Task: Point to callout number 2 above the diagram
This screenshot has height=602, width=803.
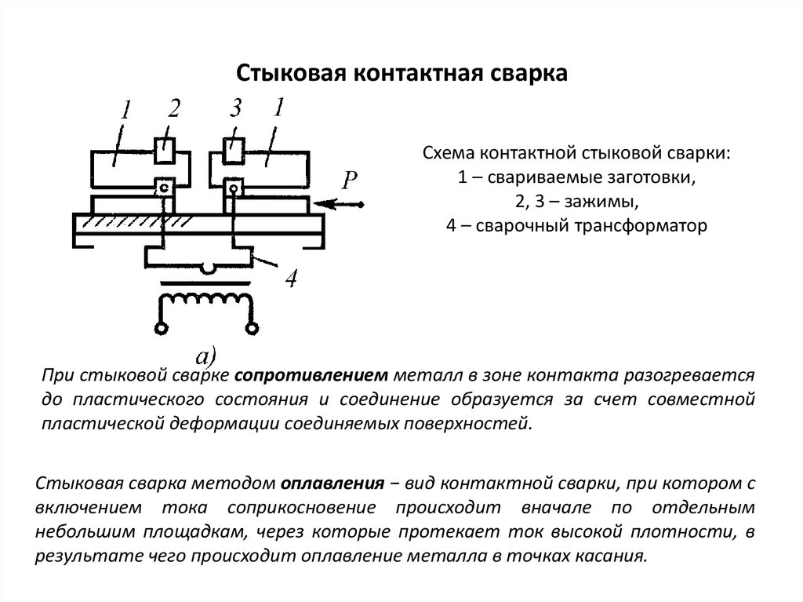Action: click(174, 109)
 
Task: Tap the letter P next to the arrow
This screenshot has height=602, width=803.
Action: click(349, 180)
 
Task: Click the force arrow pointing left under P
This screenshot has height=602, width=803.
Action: click(339, 205)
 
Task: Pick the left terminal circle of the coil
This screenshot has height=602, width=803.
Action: click(162, 327)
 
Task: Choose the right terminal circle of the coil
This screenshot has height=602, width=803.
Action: click(252, 327)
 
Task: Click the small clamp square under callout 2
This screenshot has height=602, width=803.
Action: click(165, 150)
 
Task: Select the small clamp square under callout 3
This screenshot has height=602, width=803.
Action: click(234, 150)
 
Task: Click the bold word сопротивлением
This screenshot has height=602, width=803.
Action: click(311, 376)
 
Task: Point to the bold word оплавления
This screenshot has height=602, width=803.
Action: click(332, 483)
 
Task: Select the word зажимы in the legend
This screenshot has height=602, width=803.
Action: click(601, 202)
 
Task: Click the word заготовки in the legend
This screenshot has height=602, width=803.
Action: click(651, 177)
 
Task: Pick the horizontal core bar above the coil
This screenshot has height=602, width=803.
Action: click(206, 283)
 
